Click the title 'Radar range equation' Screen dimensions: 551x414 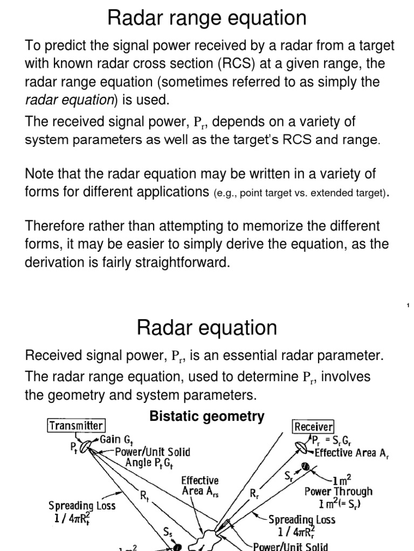pos(207,18)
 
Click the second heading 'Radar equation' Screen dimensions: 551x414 pos(207,327)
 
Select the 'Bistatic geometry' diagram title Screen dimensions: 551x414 pos(207,416)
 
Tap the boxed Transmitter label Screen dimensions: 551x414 pos(76,426)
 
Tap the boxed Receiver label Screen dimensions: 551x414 pos(314,427)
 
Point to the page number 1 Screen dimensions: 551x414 pos(408,306)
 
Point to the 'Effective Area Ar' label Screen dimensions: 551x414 pos(351,452)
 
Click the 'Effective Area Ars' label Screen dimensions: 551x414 pos(199,485)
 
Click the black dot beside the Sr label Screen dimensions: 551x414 pos(305,467)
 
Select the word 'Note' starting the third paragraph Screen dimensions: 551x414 pos(38,174)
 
